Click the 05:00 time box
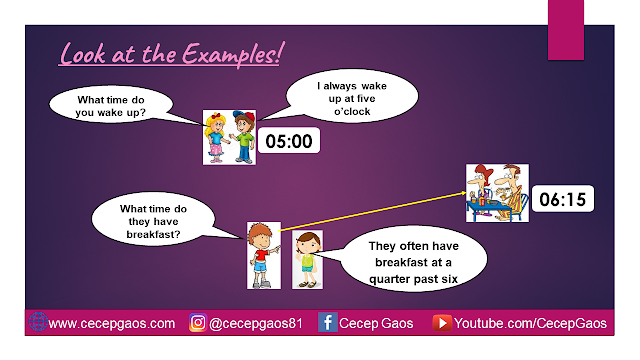tap(289, 141)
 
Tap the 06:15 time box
tap(563, 199)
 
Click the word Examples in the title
tap(231, 54)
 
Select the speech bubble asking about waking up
tap(111, 105)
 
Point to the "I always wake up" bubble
tap(352, 96)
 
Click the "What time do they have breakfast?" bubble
tap(153, 220)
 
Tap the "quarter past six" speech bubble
tap(413, 260)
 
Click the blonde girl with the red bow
tap(217, 138)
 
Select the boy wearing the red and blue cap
tap(242, 137)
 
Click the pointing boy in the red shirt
tap(264, 256)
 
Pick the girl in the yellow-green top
tap(307, 260)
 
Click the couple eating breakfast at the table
tap(497, 193)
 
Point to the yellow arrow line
tap(372, 212)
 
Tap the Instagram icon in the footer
tap(198, 322)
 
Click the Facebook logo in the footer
tap(327, 322)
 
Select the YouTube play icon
tap(442, 323)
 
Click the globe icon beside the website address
tap(38, 322)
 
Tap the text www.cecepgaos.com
tap(111, 324)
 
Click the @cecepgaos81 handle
tap(256, 324)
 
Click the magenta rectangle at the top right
tap(566, 30)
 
